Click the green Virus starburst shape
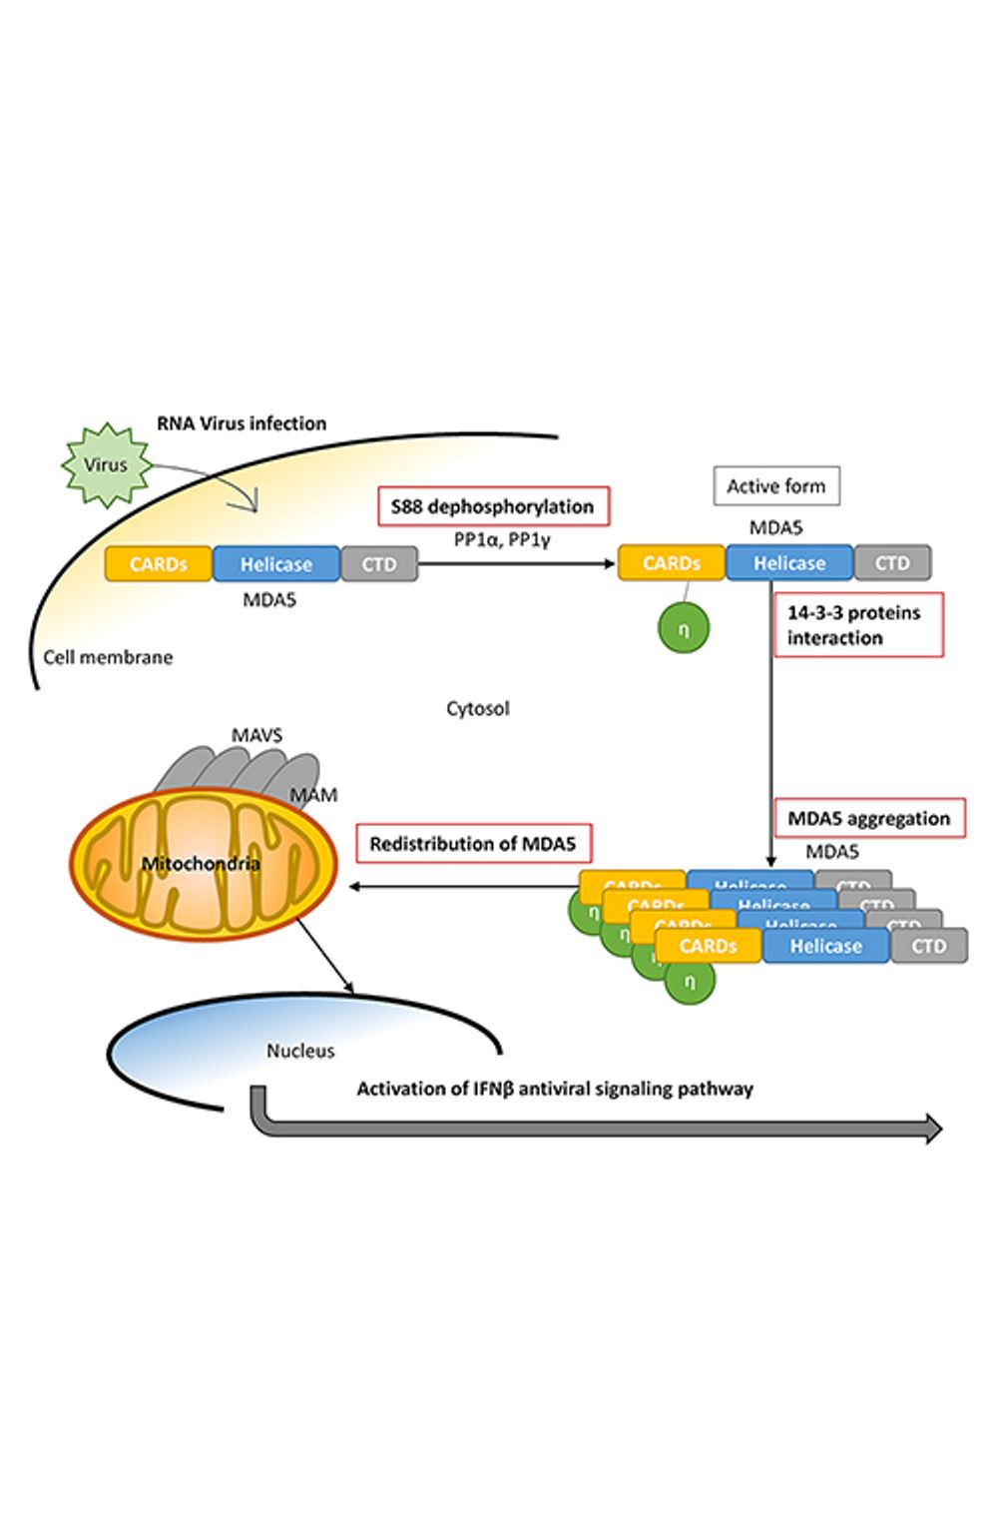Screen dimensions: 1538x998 click(106, 465)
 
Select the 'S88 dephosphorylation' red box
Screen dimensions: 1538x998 click(493, 506)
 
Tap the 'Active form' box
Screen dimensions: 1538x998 click(776, 486)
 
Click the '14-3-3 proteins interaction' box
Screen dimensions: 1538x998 click(857, 625)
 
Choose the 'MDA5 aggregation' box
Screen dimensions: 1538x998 click(869, 819)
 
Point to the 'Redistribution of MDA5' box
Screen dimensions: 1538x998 click(473, 844)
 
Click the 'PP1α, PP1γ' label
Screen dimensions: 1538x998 click(502, 540)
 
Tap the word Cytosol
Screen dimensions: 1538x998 click(477, 708)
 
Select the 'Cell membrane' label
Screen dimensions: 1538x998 click(108, 657)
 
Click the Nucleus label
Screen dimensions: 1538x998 click(300, 1051)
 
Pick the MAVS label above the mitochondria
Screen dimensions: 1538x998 click(256, 735)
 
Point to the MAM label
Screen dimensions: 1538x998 click(313, 795)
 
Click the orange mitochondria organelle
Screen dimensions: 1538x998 click(203, 865)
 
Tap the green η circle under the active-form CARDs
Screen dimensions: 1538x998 click(684, 628)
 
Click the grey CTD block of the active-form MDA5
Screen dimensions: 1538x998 click(892, 563)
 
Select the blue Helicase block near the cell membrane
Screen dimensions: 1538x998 click(276, 564)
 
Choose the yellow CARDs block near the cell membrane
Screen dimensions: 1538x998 click(159, 564)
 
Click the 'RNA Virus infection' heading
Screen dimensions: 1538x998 click(242, 423)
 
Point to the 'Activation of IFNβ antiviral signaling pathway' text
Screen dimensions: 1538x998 click(555, 1089)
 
